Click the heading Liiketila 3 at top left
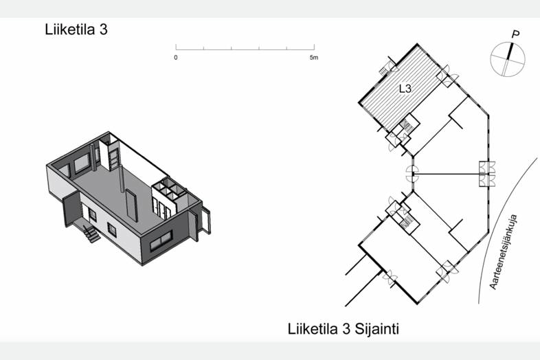pyautogui.click(x=76, y=30)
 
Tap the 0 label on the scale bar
pyautogui.click(x=176, y=58)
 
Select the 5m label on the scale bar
pyautogui.click(x=314, y=58)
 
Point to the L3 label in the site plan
pyautogui.click(x=405, y=89)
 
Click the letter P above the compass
pyautogui.click(x=515, y=34)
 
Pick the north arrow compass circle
pyautogui.click(x=508, y=59)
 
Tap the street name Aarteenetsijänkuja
pyautogui.click(x=503, y=252)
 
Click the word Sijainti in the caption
pyautogui.click(x=376, y=328)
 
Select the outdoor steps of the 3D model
pyautogui.click(x=91, y=233)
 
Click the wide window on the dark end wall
pyautogui.click(x=161, y=240)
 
